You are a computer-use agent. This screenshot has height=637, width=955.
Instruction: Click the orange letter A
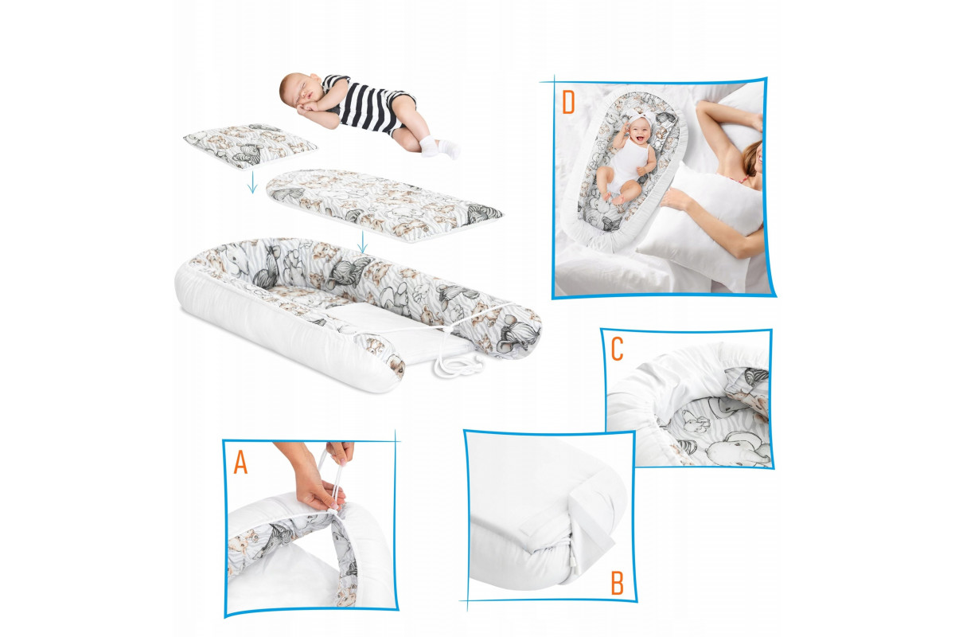click(240, 463)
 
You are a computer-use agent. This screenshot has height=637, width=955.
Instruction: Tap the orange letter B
click(618, 583)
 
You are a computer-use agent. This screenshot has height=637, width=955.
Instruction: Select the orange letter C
click(617, 349)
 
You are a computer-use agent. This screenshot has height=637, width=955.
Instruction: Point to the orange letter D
click(568, 103)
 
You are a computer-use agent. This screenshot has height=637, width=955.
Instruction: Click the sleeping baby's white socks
click(440, 147)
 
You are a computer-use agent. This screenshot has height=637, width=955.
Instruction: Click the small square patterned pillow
click(251, 146)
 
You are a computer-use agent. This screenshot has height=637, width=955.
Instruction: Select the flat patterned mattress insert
click(384, 205)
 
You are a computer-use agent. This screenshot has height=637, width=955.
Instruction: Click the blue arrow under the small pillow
click(252, 182)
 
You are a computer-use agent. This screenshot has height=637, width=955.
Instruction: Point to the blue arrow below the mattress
click(362, 242)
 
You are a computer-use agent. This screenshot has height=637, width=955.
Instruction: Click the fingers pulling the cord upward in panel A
click(342, 453)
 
